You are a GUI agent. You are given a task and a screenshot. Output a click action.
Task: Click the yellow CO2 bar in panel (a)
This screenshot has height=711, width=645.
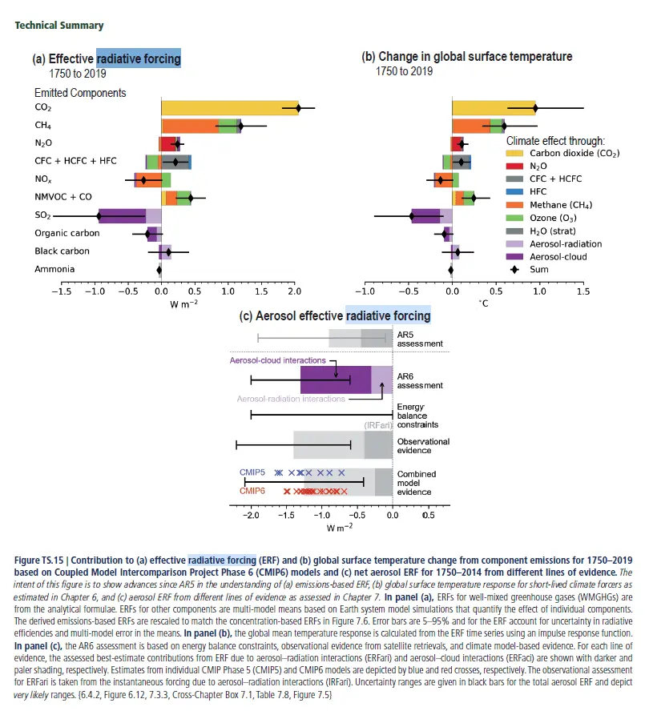click(228, 107)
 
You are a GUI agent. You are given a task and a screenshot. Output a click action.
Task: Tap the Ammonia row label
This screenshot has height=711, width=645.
click(54, 269)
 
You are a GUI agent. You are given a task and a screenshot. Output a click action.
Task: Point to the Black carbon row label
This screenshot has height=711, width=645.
click(62, 251)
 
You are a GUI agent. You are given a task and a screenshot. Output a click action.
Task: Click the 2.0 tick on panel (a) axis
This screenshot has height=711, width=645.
click(294, 291)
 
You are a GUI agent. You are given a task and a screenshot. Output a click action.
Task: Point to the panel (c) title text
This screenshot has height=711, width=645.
click(336, 316)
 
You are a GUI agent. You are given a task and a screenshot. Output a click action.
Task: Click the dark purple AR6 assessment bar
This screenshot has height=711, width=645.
click(335, 380)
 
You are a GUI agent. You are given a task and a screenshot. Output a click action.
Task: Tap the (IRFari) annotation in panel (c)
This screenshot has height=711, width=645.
click(378, 425)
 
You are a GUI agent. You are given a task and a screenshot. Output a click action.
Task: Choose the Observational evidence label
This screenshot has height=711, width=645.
click(423, 446)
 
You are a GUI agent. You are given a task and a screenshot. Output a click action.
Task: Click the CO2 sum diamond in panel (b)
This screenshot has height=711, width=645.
click(535, 107)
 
